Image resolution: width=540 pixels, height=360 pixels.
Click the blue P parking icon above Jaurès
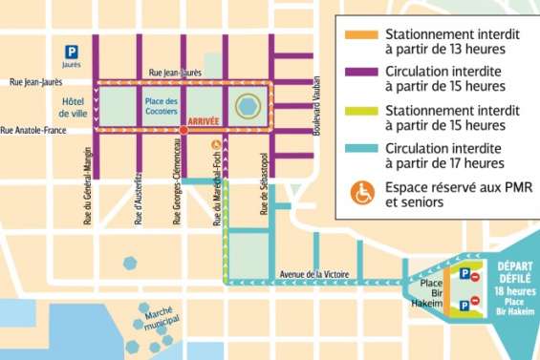click(x=71, y=51)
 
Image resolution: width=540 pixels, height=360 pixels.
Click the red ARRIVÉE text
click(x=205, y=122)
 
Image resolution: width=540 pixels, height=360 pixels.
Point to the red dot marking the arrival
click(x=182, y=129)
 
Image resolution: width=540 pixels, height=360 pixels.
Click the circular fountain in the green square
click(x=248, y=105)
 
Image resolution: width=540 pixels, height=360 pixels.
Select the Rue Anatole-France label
click(x=33, y=130)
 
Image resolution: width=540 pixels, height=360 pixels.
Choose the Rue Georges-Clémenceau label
click(x=177, y=180)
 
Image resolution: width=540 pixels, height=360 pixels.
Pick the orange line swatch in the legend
click(x=363, y=36)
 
